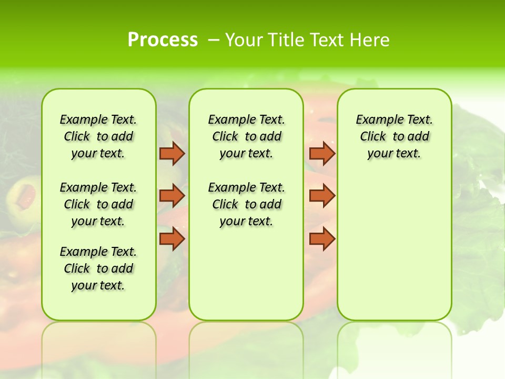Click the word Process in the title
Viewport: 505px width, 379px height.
[163, 39]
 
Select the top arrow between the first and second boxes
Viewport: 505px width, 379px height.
[171, 153]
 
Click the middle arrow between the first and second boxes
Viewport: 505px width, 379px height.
[171, 196]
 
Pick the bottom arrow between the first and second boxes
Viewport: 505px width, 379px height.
[171, 238]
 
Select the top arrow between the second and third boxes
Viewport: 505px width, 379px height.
[322, 153]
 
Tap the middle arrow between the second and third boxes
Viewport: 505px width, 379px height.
[322, 196]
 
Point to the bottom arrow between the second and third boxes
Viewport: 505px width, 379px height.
[322, 238]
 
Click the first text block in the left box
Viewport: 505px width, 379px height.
[98, 136]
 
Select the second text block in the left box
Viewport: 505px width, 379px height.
[98, 204]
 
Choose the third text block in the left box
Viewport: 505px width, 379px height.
[98, 268]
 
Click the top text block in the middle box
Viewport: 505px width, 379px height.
[246, 136]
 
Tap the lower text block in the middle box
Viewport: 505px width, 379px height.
[246, 204]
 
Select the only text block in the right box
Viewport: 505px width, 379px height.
[395, 136]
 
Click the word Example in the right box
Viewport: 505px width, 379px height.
[375, 120]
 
